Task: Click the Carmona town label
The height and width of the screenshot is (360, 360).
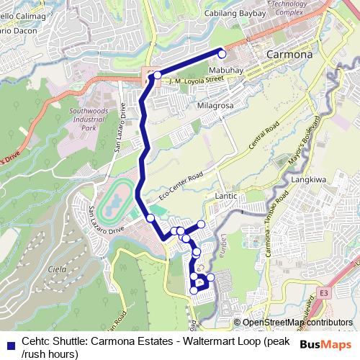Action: point(289,54)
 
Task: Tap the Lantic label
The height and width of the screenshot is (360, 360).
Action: point(226,194)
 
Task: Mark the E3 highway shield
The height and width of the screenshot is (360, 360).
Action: point(323,293)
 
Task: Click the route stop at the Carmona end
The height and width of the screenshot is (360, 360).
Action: point(222,54)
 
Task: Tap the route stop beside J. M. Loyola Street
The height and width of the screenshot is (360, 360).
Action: point(157,75)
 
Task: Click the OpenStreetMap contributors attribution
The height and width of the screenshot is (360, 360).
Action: point(297,322)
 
